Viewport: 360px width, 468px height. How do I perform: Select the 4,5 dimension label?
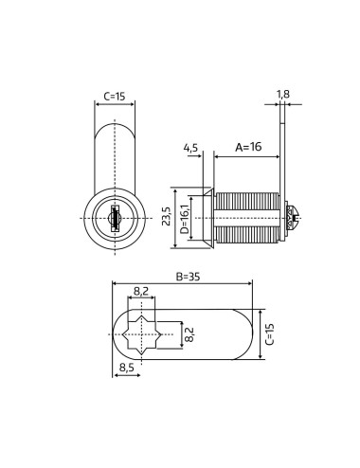coord(190,148)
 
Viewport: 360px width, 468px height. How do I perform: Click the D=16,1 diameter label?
coord(184,218)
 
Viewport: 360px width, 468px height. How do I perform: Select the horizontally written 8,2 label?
coord(141,292)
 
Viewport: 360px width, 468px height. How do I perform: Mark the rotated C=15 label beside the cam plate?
coord(269,334)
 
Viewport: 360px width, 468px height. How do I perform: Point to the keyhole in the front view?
coord(114,218)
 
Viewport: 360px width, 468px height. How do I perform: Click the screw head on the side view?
coord(292,218)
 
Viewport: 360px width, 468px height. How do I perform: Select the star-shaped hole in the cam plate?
coord(141,334)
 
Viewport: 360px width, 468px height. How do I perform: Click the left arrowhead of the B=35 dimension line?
coord(115,282)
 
